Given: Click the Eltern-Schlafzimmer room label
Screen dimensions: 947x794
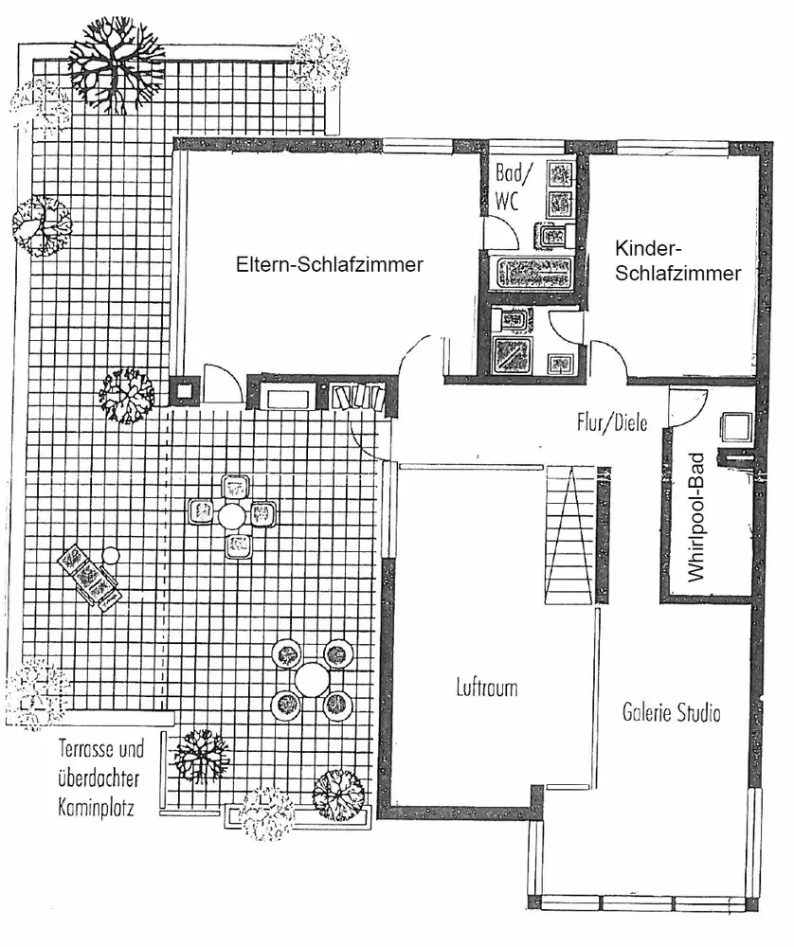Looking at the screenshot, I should pos(330,265).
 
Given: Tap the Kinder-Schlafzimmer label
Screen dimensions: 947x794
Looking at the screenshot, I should pos(677,261).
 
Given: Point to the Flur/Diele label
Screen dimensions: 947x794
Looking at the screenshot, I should pos(612,422).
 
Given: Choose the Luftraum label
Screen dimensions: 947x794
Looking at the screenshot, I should pos(486,688).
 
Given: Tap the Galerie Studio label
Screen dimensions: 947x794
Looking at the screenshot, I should pos(672,711).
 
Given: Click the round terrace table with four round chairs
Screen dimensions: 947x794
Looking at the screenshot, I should pos(311,679).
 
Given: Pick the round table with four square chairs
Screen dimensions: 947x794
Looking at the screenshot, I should pos(232,515).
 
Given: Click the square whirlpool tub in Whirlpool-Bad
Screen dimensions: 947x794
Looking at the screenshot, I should pos(735,428).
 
